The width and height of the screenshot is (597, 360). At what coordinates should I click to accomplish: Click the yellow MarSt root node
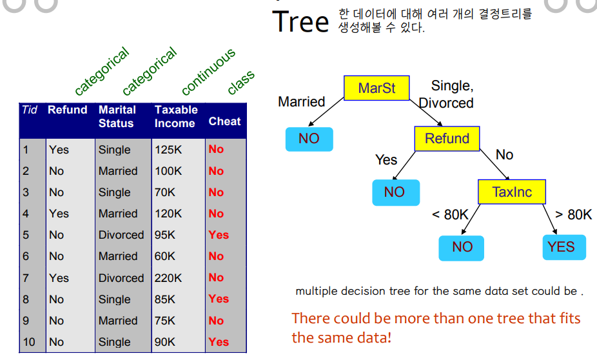click(377, 88)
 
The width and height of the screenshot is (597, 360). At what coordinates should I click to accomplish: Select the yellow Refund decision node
click(447, 139)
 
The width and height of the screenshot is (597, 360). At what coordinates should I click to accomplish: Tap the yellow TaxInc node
click(512, 192)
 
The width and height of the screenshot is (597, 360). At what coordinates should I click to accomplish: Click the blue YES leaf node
click(564, 247)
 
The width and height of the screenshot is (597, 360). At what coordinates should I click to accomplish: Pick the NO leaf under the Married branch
click(309, 139)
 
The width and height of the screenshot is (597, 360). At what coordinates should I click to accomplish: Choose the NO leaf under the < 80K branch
click(461, 248)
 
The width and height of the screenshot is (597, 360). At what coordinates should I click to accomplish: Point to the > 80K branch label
click(573, 214)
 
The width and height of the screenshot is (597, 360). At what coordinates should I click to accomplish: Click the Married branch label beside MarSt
click(302, 102)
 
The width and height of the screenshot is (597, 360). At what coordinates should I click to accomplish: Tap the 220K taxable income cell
click(168, 278)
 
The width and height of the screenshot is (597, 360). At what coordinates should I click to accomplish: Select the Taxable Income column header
click(176, 117)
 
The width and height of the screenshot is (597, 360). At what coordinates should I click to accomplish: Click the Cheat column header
click(224, 121)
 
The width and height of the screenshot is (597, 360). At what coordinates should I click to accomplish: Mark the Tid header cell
click(30, 110)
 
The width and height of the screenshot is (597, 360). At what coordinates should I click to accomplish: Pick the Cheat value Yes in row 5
click(219, 235)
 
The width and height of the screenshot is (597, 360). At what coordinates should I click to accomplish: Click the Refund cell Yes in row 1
click(59, 150)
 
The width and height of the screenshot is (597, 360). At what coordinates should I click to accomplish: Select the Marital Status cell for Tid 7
click(121, 278)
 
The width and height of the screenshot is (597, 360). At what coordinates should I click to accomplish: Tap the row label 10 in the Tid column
click(29, 342)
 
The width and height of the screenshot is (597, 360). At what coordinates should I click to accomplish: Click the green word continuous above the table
click(208, 72)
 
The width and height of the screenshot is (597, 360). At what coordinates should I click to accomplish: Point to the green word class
click(241, 83)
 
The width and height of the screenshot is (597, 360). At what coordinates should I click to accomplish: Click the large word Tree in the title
click(300, 22)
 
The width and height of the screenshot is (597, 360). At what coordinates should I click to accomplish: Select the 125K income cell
click(168, 150)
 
